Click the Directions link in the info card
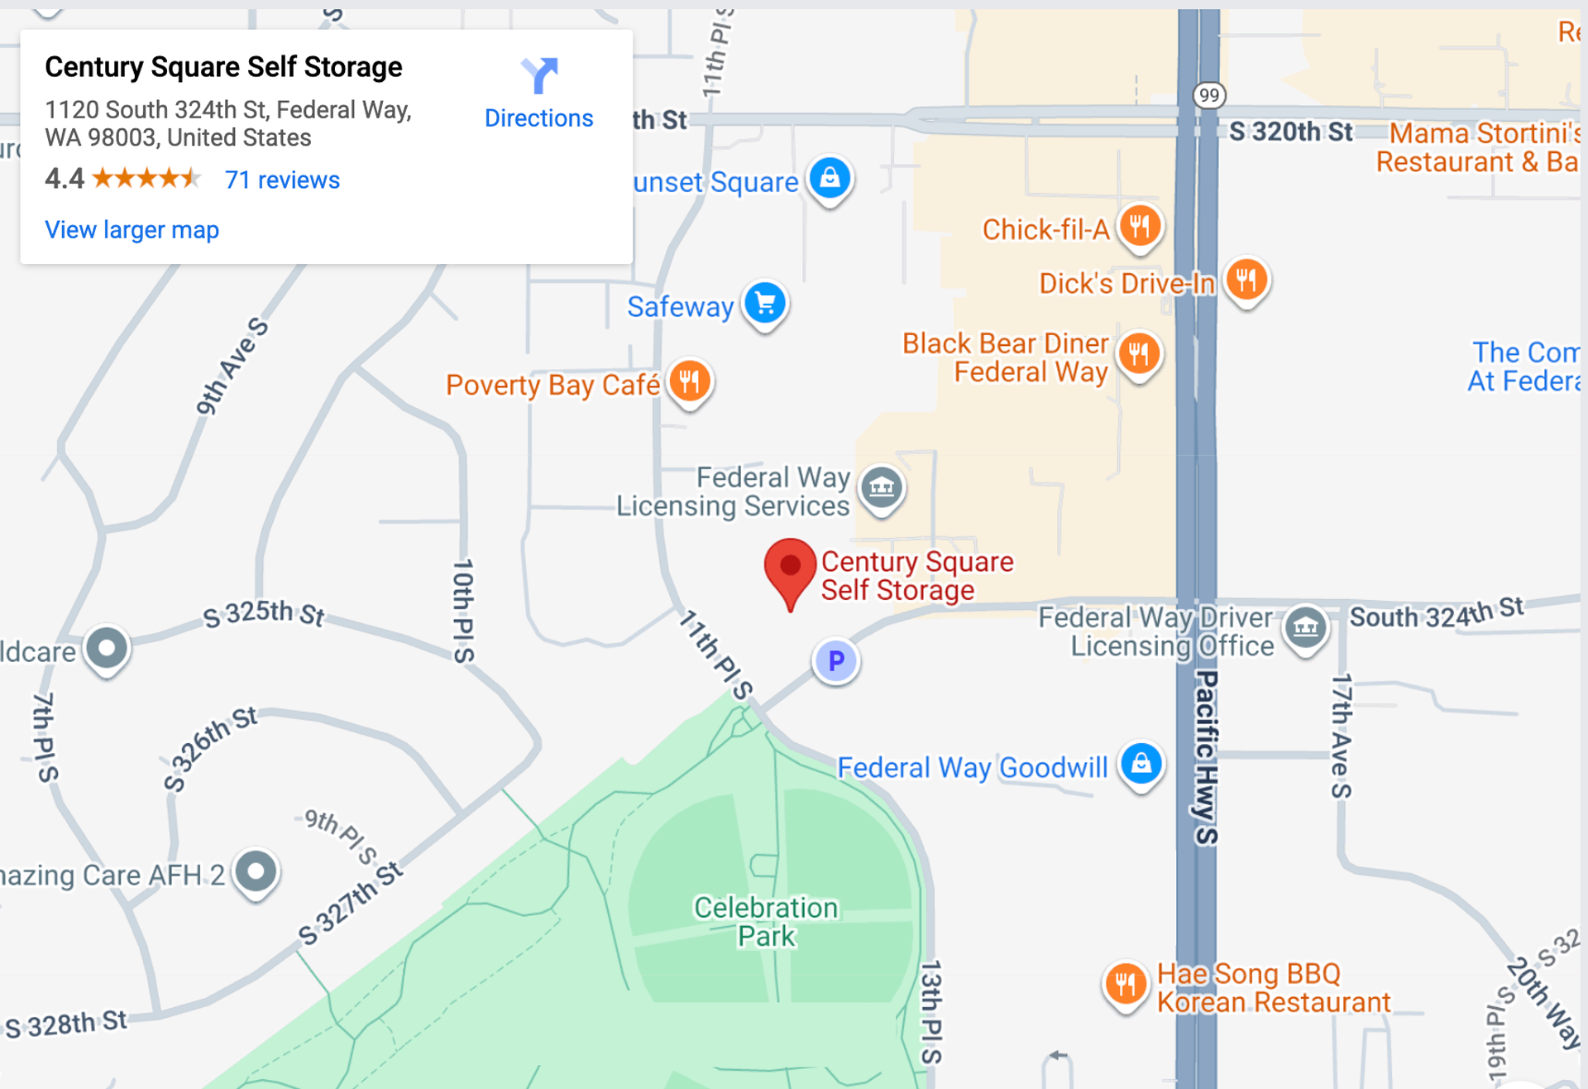point(538,118)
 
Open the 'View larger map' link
point(132,229)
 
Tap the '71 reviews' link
point(282,180)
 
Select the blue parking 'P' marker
point(836,660)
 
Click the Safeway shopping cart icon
point(765,303)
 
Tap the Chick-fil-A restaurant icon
point(1140,225)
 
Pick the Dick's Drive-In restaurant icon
point(1246,280)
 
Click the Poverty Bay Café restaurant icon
point(690,381)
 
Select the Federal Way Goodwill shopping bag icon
point(1141,763)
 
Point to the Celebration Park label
point(766,921)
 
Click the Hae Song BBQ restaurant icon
point(1125,984)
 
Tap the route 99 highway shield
point(1209,95)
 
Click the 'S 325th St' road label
point(264,613)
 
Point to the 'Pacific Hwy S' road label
point(1207,757)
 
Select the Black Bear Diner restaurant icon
point(1139,353)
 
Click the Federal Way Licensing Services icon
point(882,487)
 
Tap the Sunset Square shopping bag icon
point(830,178)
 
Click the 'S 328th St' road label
point(67,1024)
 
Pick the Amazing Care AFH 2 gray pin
point(256,871)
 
